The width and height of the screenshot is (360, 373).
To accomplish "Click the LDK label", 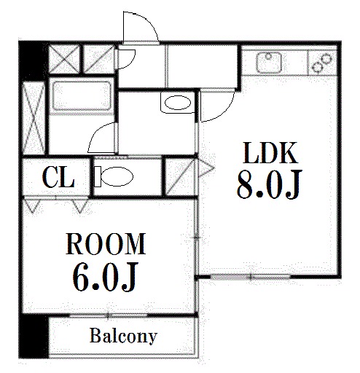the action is click(x=270, y=153).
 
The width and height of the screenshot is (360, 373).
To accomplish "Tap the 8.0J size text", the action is click(x=269, y=185).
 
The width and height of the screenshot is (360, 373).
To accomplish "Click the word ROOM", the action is click(x=106, y=243).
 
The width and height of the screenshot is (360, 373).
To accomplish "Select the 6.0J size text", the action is click(x=105, y=276).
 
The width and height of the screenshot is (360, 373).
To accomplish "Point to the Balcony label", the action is click(x=123, y=337).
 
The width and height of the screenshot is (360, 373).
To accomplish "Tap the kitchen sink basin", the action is click(x=269, y=62).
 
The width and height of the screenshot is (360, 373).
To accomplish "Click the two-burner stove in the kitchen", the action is click(x=321, y=63).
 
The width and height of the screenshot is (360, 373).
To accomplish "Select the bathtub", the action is click(x=82, y=96).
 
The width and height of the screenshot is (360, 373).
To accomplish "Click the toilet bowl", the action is click(x=117, y=177).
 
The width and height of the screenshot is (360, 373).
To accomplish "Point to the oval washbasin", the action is click(x=178, y=103).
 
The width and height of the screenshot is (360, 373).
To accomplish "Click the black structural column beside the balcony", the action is click(x=34, y=336).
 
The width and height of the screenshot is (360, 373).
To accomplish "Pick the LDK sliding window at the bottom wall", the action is click(x=250, y=277).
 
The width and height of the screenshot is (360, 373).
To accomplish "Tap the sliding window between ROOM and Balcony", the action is click(x=109, y=315).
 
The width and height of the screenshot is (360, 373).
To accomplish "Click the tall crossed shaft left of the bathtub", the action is click(x=34, y=118).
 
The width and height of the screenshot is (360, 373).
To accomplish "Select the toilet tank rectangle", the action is click(x=98, y=177).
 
